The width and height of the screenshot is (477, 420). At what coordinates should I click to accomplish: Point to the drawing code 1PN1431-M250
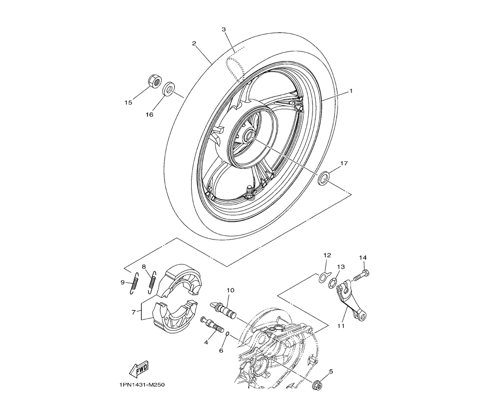(142, 385)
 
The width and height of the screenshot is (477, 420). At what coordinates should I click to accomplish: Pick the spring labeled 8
(152, 282)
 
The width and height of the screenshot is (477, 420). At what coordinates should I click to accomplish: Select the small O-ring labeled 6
(227, 335)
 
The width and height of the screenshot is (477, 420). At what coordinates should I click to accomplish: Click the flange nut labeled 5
(316, 385)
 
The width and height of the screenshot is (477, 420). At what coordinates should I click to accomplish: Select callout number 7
(134, 312)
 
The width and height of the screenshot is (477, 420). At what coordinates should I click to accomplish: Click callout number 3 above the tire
(224, 29)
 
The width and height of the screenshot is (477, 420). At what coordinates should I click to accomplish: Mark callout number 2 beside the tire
(194, 43)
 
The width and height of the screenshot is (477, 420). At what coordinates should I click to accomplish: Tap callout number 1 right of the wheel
(351, 91)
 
